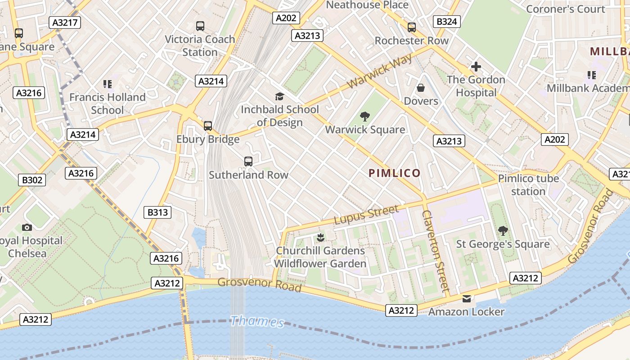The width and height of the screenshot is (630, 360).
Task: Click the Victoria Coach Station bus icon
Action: (x=200, y=26)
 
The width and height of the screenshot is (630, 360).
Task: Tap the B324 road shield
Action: (x=447, y=21)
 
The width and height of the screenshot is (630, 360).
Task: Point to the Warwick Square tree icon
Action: (x=365, y=117)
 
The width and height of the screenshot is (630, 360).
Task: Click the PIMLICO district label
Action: (x=394, y=173)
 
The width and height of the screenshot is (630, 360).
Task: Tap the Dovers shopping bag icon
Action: (x=421, y=87)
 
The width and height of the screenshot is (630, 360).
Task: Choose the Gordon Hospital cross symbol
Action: (x=476, y=67)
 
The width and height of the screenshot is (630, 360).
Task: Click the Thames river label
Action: (x=257, y=322)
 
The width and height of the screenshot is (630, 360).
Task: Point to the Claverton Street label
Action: (x=436, y=251)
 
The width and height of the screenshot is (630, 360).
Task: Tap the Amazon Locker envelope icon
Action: (x=467, y=299)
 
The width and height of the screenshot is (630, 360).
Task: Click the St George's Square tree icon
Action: (x=503, y=231)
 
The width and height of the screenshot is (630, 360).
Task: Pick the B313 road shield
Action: (x=157, y=212)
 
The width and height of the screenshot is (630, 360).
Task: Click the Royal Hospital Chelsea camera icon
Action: (x=27, y=228)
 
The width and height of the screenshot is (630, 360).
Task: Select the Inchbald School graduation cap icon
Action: (x=279, y=96)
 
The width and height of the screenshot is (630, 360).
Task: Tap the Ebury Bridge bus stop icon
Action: (x=207, y=126)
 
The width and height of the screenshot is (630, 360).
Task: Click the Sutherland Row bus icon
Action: (x=248, y=161)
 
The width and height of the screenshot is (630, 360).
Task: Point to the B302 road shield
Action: (x=33, y=180)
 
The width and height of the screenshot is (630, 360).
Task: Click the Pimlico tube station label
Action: (x=528, y=185)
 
